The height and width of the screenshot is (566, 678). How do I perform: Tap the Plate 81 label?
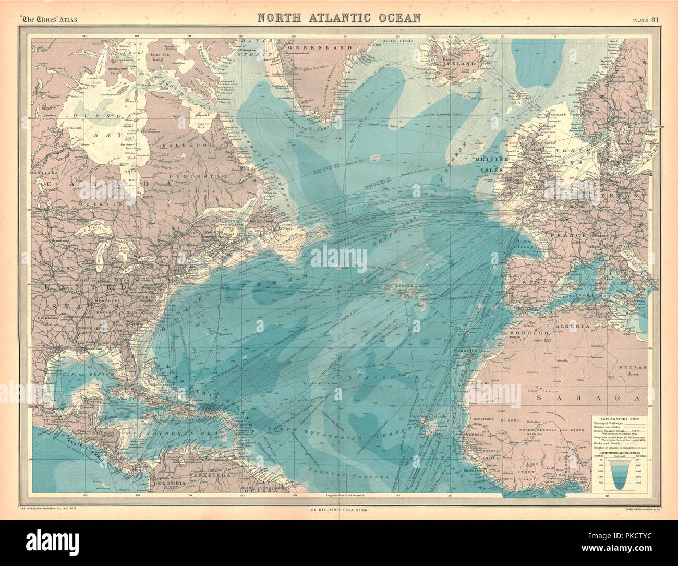point(647,20)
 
